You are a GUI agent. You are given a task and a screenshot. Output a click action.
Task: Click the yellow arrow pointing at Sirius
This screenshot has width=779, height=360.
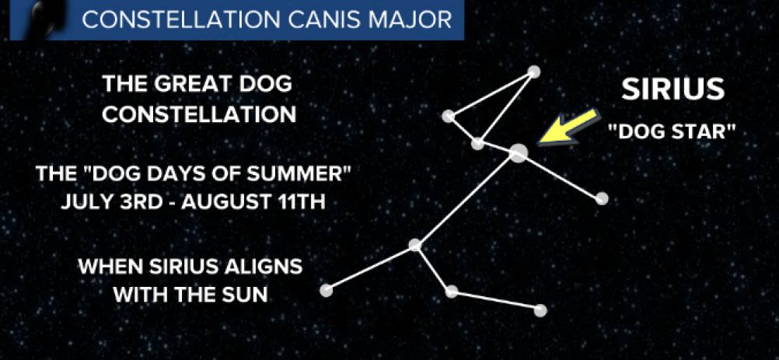tap(568, 128)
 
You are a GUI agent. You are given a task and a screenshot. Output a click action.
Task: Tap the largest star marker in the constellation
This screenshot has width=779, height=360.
tap(519, 153)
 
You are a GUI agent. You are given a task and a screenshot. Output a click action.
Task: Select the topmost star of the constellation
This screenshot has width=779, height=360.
tap(533, 72)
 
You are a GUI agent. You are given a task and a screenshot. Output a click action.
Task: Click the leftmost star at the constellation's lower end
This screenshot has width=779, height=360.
tap(326, 291)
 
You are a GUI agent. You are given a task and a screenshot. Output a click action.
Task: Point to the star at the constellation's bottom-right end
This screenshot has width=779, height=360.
tap(540, 310)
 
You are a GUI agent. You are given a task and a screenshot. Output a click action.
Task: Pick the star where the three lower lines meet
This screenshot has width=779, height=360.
tap(415, 245)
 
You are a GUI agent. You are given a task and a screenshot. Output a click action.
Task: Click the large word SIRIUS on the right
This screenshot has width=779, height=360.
tap(673, 89)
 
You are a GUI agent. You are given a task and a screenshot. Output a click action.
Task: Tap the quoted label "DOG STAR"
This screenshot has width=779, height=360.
tap(672, 131)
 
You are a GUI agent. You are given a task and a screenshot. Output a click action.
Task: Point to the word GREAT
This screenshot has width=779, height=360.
tap(187, 85)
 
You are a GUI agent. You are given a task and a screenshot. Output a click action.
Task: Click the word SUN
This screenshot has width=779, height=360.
tap(246, 295)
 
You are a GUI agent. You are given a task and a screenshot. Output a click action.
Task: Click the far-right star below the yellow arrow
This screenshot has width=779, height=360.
tap(602, 198)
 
